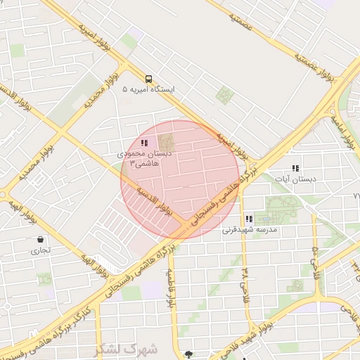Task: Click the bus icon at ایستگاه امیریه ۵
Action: coord(148,79)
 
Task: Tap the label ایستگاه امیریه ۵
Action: coord(148,90)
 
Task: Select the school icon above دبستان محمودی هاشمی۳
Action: coord(144,143)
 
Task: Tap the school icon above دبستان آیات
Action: coord(295,168)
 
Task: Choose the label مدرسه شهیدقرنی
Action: coord(250,230)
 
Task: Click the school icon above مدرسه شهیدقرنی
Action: coord(249,219)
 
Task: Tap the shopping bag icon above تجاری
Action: coord(40,239)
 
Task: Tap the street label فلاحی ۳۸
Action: coord(245,281)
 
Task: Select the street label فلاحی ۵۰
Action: coord(316,262)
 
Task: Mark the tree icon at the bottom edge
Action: coord(187,354)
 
